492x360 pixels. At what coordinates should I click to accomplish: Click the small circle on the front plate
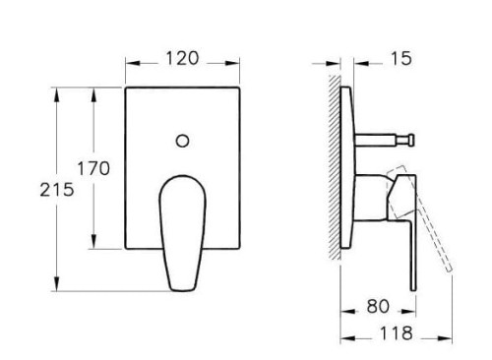[183, 141]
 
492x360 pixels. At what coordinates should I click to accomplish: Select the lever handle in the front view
[181, 226]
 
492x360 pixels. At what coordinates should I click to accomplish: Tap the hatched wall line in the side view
[335, 167]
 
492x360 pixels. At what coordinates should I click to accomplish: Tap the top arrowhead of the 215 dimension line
[59, 91]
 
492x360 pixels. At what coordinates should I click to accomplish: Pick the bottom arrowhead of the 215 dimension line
[59, 290]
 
